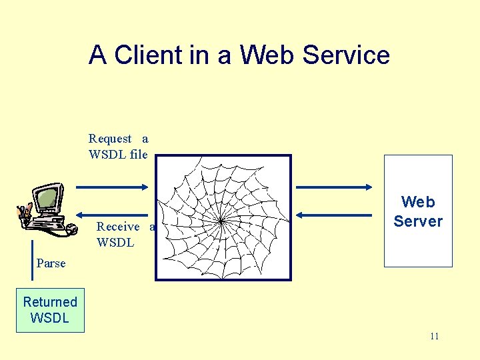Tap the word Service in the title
click(346, 55)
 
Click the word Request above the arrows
click(111, 139)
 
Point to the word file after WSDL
click(135, 155)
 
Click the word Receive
click(118, 227)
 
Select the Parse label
click(51, 263)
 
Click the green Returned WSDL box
click(50, 310)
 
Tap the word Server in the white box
click(418, 221)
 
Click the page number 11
click(434, 336)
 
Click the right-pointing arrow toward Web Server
click(333, 185)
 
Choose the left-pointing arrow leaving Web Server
click(333, 215)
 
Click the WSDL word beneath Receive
click(115, 243)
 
